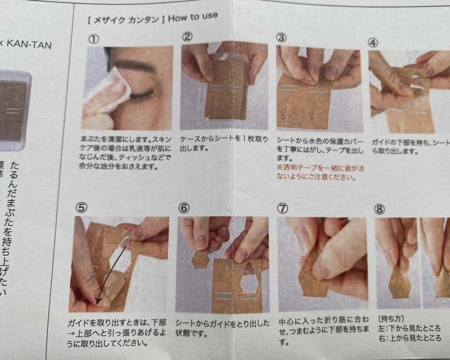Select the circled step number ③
pos(282,38)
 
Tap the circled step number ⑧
pos(379,210)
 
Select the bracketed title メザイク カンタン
pos(127,20)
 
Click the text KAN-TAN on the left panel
pos(31,44)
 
